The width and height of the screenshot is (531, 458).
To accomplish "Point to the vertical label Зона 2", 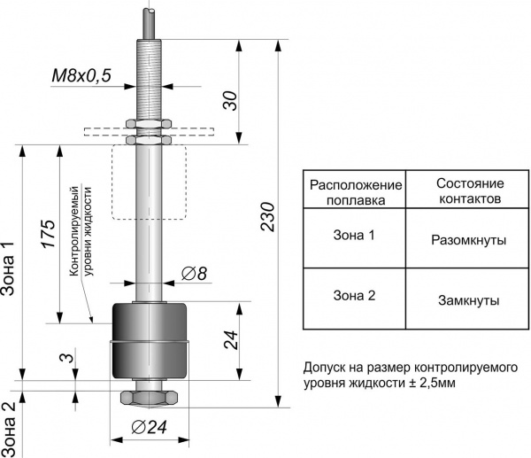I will pos(8,426).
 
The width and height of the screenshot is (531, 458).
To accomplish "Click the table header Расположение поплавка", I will pos(354,192).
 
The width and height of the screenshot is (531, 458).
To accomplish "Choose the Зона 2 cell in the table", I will pos(354,297).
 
